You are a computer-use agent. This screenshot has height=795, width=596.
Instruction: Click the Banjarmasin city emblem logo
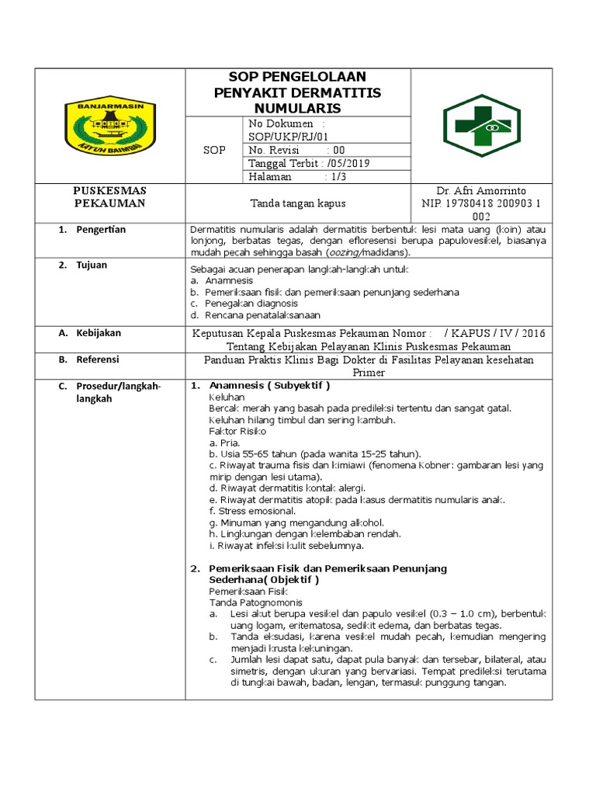109,125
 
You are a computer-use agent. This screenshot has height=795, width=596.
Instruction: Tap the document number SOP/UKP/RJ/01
279,137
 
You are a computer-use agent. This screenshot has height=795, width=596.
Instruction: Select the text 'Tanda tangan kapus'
297,203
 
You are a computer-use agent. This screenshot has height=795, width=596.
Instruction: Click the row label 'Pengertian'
100,230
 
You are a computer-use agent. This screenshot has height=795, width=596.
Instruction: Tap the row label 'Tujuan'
92,266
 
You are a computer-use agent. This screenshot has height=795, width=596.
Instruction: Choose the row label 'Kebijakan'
98,333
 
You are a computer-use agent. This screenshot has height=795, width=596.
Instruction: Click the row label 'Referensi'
98,360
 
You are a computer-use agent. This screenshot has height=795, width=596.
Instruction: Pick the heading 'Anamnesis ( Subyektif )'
269,386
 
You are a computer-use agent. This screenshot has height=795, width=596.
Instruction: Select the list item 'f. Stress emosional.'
252,512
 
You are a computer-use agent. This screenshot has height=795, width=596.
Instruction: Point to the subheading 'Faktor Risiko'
237,430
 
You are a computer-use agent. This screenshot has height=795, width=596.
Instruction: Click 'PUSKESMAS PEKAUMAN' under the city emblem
109,197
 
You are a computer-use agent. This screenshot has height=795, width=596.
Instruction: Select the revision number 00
339,150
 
